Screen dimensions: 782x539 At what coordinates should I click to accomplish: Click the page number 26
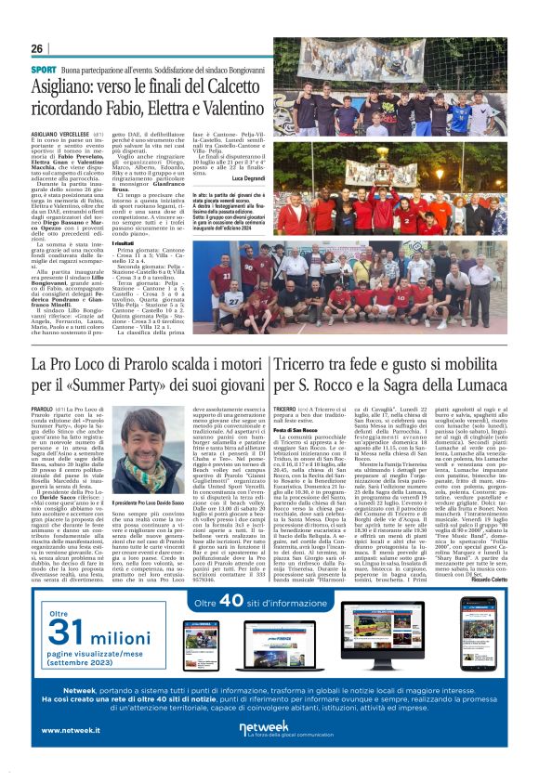pyautogui.click(x=37, y=48)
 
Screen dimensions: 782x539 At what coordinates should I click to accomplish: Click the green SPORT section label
pyautogui.click(x=44, y=70)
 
